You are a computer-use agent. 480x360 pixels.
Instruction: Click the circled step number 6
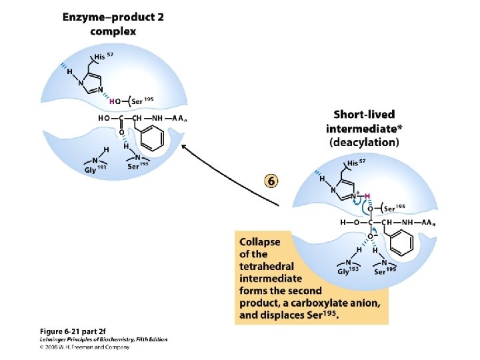point(272,181)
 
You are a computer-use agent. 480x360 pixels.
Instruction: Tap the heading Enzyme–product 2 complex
point(113,24)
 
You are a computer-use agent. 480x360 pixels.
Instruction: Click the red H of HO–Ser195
point(112,101)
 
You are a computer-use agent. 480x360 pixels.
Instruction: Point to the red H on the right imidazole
point(367,196)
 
